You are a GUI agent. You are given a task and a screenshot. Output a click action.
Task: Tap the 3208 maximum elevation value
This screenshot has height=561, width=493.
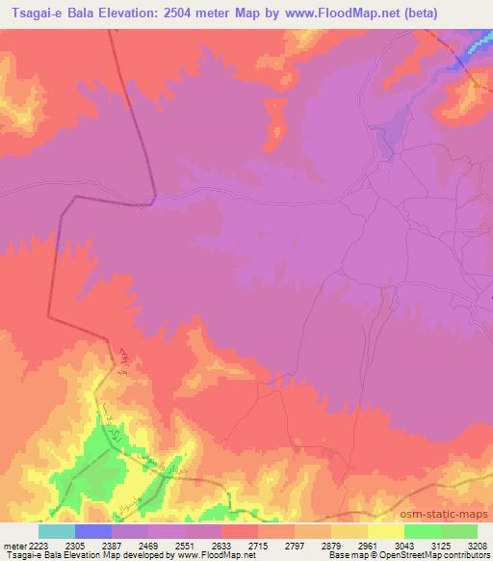tap(478, 546)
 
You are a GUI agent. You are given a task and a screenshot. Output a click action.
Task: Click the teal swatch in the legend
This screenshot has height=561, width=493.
tap(56, 531)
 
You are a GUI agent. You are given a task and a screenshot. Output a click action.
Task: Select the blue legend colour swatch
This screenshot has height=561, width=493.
tap(93, 531)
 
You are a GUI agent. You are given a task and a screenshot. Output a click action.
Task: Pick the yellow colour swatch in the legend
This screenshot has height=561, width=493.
tap(386, 531)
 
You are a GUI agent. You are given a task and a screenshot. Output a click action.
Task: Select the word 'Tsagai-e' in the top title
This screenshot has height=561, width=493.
tap(36, 13)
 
